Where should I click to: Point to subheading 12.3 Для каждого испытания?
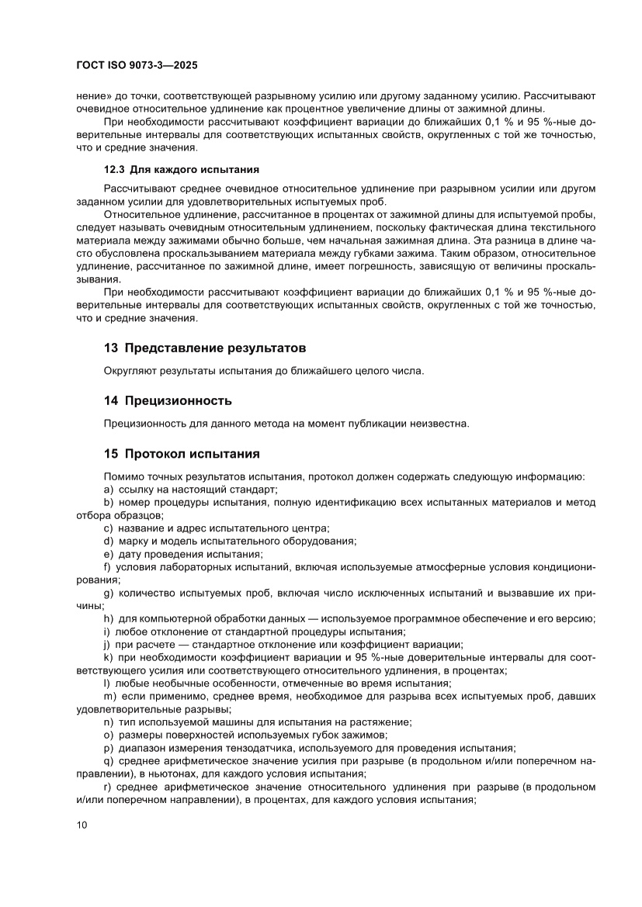pos(181,169)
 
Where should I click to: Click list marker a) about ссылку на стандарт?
pos(109,490)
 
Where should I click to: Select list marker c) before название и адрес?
pos(109,528)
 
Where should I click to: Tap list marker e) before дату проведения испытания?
pos(109,554)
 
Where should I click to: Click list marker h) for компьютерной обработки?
pos(109,618)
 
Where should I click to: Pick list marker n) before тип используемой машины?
pos(109,722)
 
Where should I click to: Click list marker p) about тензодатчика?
pos(109,748)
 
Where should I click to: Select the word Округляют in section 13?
pos(130,371)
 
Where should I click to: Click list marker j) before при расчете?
pos(107,644)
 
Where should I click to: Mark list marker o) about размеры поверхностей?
pos(109,735)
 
